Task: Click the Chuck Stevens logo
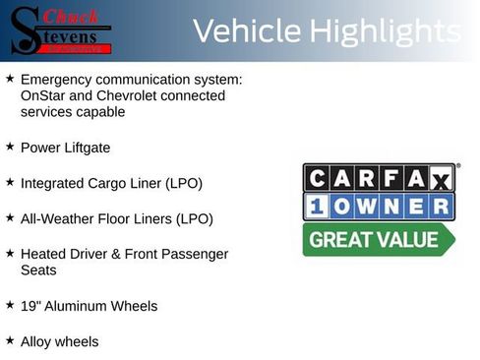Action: point(61,30)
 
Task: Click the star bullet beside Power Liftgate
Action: point(10,147)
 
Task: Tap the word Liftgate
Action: point(87,148)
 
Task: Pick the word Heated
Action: point(44,254)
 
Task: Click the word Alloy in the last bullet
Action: point(38,341)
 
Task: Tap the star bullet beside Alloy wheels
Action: point(10,340)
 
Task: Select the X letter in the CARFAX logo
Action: point(440,178)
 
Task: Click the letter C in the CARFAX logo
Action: point(320,178)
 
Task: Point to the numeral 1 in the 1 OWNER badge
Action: point(319,207)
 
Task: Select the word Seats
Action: point(38,270)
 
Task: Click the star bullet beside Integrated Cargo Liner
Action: point(10,182)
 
